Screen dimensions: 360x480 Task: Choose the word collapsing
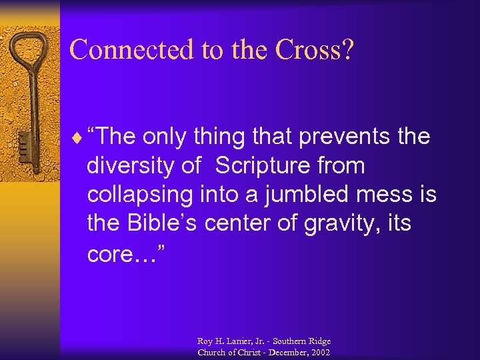140,195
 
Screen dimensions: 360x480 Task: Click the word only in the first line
164,137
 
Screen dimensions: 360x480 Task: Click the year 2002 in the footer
318,351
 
